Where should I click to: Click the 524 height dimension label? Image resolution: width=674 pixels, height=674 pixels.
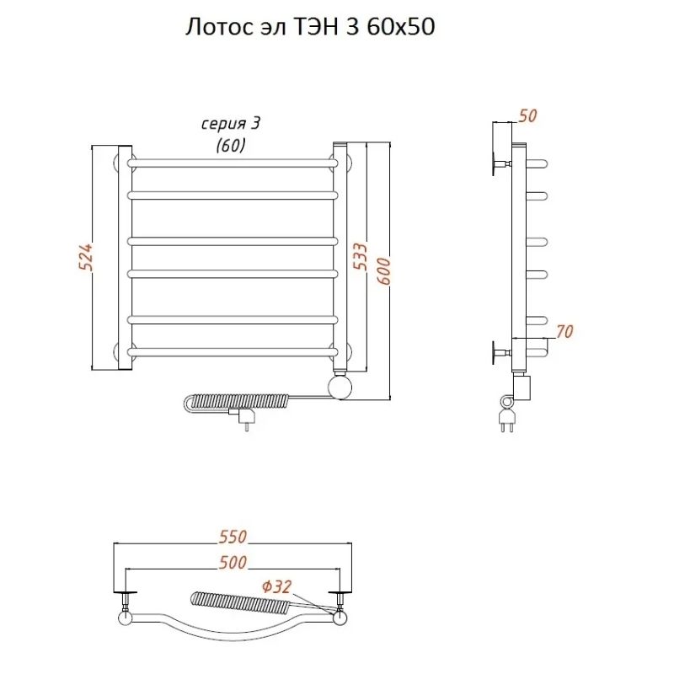click(86, 257)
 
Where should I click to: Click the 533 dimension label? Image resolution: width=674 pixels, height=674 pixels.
click(361, 257)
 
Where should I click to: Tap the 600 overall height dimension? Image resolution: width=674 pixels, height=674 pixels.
click(383, 270)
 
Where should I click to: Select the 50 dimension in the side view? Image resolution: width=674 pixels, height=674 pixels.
click(527, 115)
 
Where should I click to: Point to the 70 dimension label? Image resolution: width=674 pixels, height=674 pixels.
click(564, 331)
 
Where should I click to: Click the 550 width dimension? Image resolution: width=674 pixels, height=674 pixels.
click(233, 537)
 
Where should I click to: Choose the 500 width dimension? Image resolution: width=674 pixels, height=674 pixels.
click(233, 562)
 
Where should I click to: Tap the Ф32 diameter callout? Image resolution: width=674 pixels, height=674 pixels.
click(276, 586)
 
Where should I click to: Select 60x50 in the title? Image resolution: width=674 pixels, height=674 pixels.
click(401, 27)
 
